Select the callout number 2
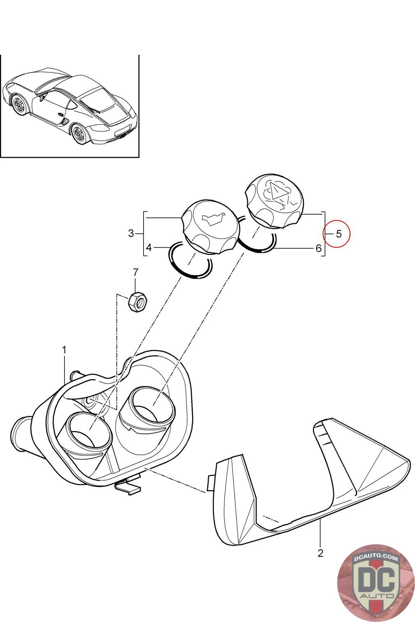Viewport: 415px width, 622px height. (320, 553)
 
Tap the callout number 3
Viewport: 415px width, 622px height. (131, 233)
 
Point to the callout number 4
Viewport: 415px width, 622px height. (149, 247)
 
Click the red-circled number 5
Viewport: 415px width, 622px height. (338, 234)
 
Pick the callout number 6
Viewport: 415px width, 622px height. (319, 248)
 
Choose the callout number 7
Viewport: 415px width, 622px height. (135, 271)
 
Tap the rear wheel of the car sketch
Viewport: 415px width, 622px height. (80, 133)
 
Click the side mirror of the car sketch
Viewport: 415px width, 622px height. (42, 98)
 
